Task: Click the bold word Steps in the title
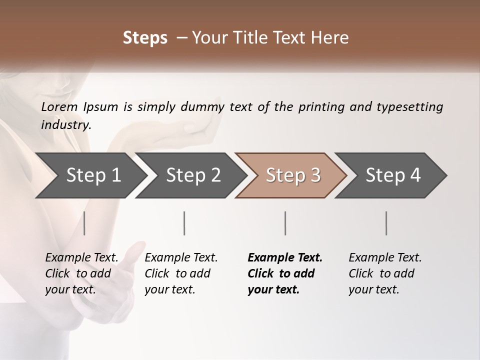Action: tap(145, 38)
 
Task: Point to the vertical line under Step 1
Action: tap(84, 223)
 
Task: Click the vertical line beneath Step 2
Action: tap(184, 223)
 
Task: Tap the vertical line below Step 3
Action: tap(285, 223)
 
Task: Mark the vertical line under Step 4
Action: tap(386, 223)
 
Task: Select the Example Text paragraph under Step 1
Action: tap(81, 273)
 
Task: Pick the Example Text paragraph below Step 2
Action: tap(181, 273)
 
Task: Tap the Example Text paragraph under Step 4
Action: tap(385, 273)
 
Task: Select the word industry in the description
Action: tap(65, 124)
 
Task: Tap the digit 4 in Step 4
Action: tap(415, 175)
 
